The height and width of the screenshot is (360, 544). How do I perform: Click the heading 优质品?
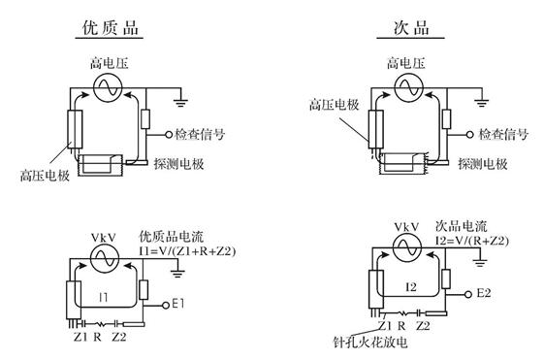[111, 27]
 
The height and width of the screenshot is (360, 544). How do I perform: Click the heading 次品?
[411, 27]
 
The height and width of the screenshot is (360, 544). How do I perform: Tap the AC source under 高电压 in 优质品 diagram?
[108, 88]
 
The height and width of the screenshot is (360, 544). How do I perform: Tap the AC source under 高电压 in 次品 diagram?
[409, 88]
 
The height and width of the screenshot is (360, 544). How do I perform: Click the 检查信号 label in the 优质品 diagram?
[200, 134]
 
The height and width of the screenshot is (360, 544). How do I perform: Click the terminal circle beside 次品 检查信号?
[469, 134]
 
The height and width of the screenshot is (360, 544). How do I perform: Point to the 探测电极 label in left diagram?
[178, 164]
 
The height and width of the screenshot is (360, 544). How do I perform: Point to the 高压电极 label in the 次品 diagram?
[335, 104]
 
